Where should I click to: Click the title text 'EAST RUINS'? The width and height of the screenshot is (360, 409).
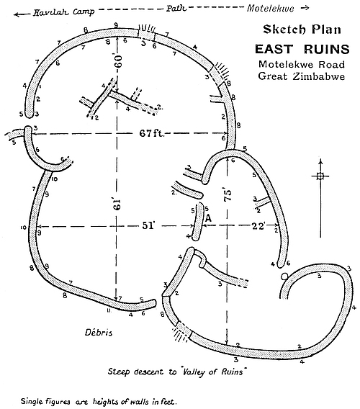(302, 49)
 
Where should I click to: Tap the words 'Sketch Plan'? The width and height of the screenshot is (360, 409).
(302, 30)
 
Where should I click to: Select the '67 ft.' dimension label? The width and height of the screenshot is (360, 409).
(152, 133)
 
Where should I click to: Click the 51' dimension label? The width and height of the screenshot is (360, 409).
(148, 225)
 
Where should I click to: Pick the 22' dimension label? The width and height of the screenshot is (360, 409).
(258, 225)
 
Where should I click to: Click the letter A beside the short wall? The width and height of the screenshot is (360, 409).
(208, 219)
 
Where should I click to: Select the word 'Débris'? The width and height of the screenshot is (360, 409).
(99, 333)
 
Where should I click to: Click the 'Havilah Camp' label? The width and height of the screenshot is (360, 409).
(63, 12)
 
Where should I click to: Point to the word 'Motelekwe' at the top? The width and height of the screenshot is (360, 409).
(270, 9)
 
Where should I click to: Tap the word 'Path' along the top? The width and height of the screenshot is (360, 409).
(176, 9)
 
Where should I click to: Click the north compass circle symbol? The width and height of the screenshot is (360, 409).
(320, 176)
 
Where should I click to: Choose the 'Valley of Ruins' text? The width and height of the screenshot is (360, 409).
(213, 371)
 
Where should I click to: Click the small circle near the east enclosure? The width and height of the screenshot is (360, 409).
(284, 276)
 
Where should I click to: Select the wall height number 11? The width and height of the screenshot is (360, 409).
(109, 310)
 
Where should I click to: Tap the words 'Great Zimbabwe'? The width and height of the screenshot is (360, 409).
(302, 76)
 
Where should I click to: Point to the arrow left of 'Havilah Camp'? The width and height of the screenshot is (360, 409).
(22, 14)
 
